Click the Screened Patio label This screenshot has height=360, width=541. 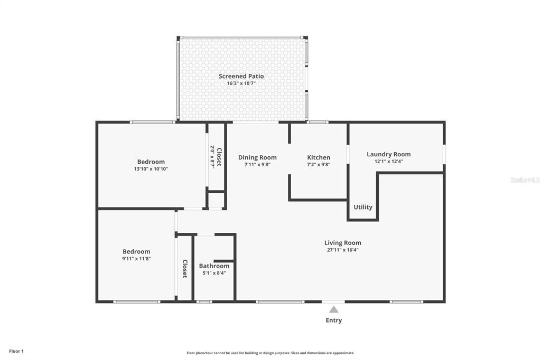pyautogui.click(x=241, y=76)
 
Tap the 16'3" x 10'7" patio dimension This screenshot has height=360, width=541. pyautogui.click(x=241, y=83)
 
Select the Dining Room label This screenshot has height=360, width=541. pyautogui.click(x=257, y=158)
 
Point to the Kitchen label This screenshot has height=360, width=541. pyautogui.click(x=319, y=158)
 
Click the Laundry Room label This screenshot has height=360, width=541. pyautogui.click(x=388, y=155)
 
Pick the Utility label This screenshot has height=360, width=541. pyautogui.click(x=363, y=207)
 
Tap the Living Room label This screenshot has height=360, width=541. pyautogui.click(x=342, y=243)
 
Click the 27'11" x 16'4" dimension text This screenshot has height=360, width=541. pyautogui.click(x=342, y=250)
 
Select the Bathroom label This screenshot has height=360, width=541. pyautogui.click(x=214, y=266)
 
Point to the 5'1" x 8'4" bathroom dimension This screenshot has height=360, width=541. pyautogui.click(x=214, y=273)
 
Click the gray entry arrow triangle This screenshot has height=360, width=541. pyautogui.click(x=334, y=309)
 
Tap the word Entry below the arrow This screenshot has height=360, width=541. pyautogui.click(x=334, y=320)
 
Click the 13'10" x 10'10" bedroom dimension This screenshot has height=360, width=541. pyautogui.click(x=151, y=169)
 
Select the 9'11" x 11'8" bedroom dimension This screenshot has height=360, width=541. pyautogui.click(x=136, y=259)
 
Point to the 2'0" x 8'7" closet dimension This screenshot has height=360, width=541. pyautogui.click(x=212, y=157)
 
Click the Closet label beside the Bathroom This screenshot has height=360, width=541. pyautogui.click(x=185, y=269)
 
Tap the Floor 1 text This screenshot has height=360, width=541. pyautogui.click(x=16, y=352)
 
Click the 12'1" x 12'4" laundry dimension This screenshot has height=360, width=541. pyautogui.click(x=388, y=162)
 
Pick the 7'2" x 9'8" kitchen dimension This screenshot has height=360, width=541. pyautogui.click(x=319, y=165)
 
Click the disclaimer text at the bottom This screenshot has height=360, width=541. pyautogui.click(x=270, y=353)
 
